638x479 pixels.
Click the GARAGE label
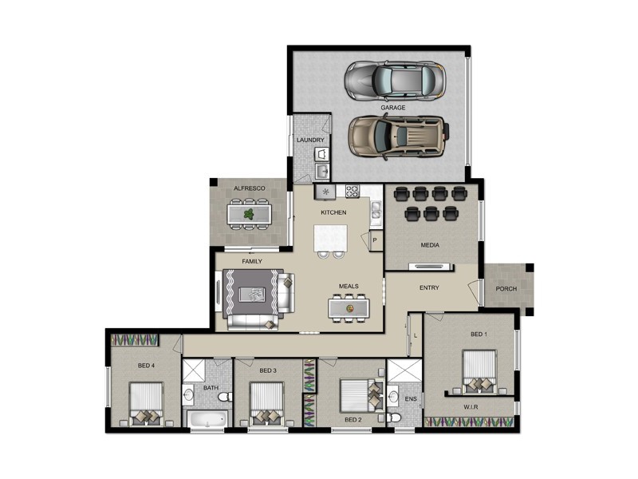[392, 107]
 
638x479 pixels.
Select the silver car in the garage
[394, 78]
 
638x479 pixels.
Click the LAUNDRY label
[310, 141]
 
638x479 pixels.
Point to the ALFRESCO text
[249, 188]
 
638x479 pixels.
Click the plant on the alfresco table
[250, 214]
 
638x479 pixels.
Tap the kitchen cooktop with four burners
[352, 192]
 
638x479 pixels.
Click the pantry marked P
[374, 239]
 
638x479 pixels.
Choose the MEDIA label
[431, 245]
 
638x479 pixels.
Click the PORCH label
[506, 289]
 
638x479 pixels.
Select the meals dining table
[349, 307]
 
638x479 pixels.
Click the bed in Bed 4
[147, 405]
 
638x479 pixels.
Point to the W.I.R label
[471, 406]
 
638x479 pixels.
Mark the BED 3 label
[268, 370]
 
